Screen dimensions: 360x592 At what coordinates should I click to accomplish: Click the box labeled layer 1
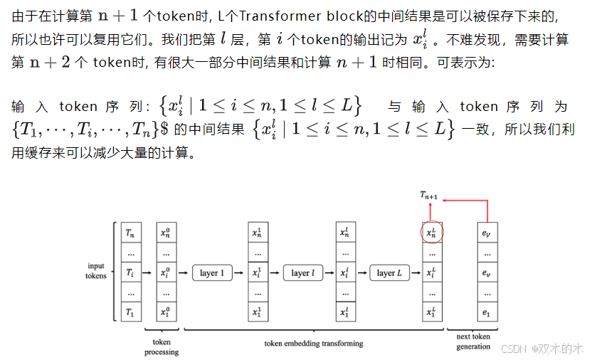click(212, 272)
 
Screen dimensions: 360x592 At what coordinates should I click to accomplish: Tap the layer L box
click(389, 272)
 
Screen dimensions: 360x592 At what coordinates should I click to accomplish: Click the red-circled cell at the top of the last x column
click(430, 233)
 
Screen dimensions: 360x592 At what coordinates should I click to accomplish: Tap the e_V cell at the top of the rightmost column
click(487, 233)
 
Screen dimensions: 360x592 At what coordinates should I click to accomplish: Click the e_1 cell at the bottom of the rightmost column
click(487, 312)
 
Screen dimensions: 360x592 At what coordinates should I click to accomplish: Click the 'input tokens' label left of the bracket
click(96, 271)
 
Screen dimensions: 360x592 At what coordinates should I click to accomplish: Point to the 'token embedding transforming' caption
click(314, 343)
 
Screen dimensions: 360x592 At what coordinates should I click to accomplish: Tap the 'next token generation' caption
click(474, 342)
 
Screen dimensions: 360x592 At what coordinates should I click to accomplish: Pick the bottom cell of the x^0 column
click(166, 312)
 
